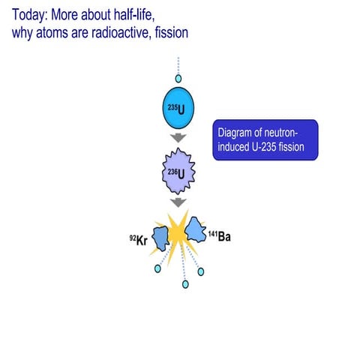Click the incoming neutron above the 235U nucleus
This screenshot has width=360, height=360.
(x=178, y=78)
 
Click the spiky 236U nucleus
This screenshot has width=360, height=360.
(x=178, y=174)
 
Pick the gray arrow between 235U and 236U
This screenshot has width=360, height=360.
(x=178, y=137)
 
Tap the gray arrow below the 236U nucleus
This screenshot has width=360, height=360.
(x=178, y=202)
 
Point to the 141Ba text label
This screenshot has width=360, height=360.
(x=220, y=237)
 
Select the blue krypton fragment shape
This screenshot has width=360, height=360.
(x=160, y=237)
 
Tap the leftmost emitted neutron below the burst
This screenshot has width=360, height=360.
(x=157, y=268)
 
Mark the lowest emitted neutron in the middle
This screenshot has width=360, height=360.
(x=184, y=284)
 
